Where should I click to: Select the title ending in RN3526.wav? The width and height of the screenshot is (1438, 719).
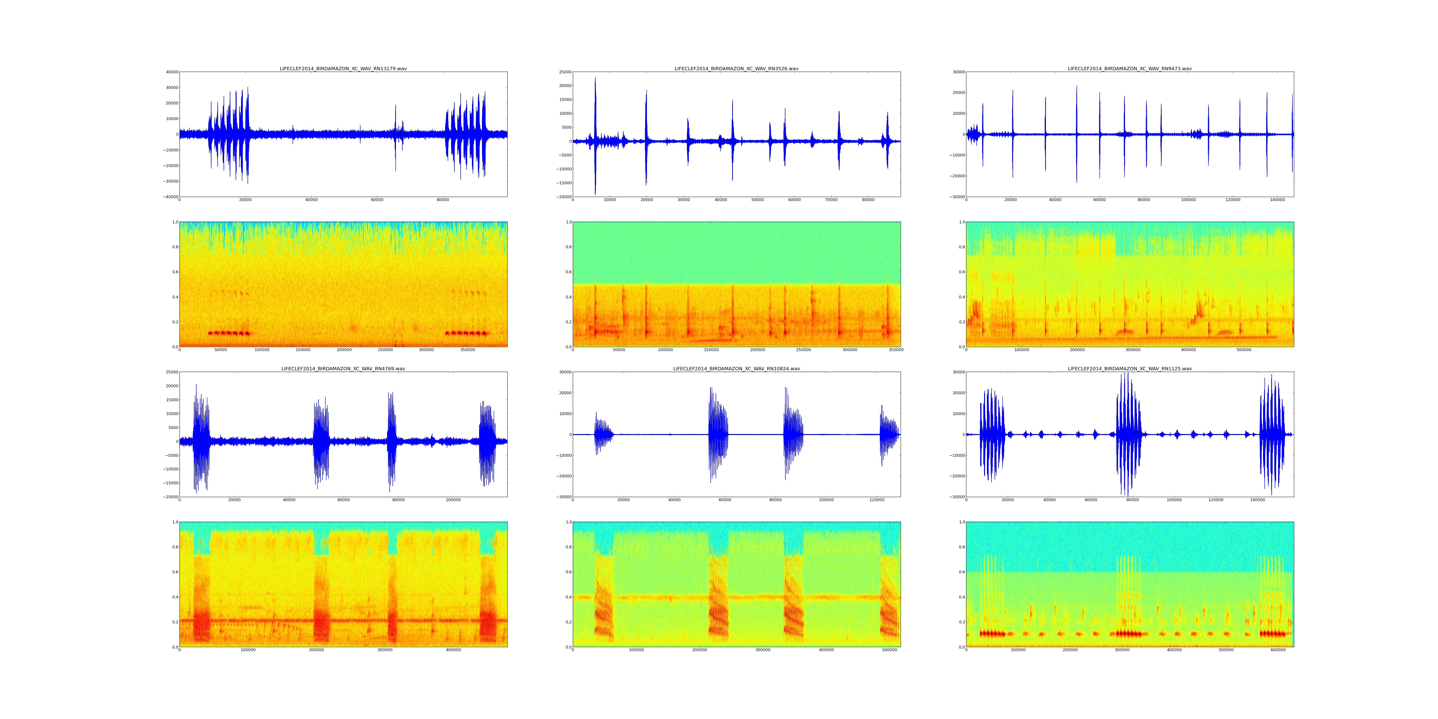coord(736,69)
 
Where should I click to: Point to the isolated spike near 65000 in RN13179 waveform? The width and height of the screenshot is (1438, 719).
coord(395,134)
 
